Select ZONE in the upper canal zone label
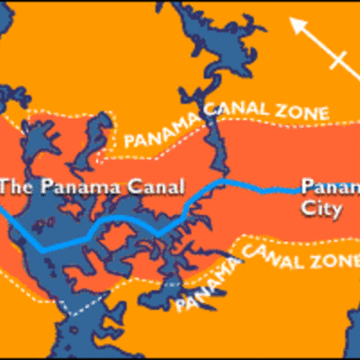(302, 113)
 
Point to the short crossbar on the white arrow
(338, 61)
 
